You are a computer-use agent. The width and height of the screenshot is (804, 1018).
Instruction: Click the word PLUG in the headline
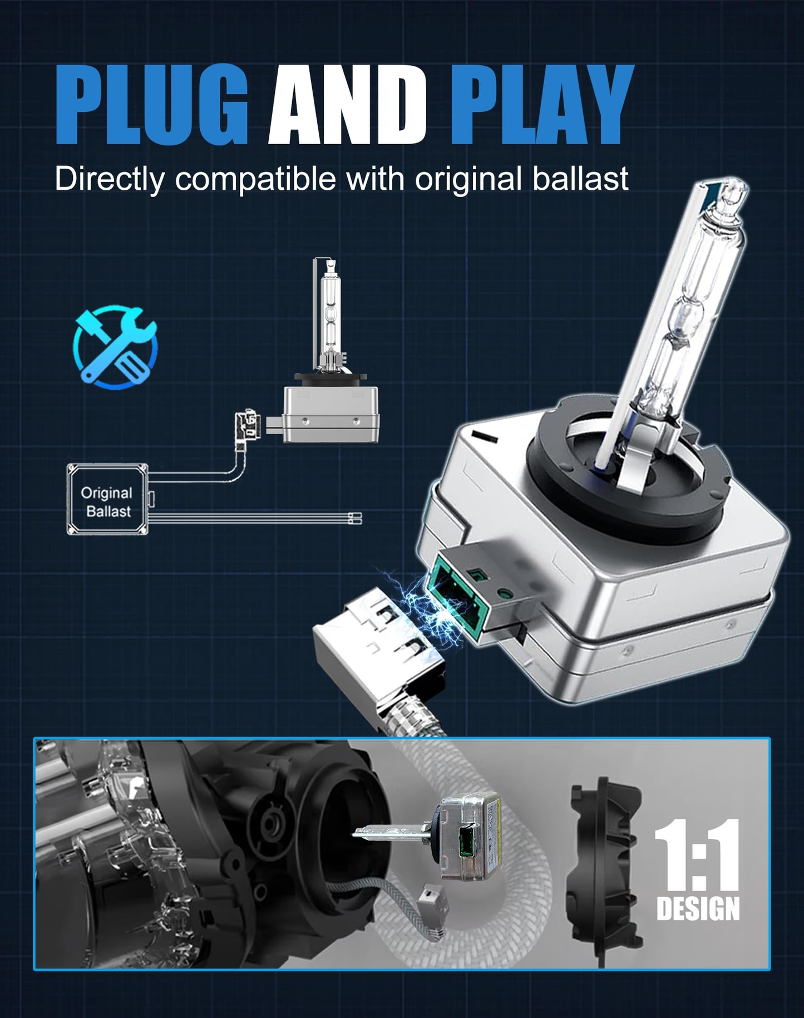pyautogui.click(x=151, y=105)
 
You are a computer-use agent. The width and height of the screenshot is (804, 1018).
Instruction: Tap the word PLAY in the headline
pyautogui.click(x=541, y=105)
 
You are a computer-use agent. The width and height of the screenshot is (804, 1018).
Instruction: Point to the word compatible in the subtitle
pyautogui.click(x=255, y=179)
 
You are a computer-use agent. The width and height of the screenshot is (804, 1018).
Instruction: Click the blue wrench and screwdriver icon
pyautogui.click(x=115, y=346)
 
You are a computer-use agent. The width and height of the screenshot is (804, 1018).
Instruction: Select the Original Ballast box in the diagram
pyautogui.click(x=107, y=500)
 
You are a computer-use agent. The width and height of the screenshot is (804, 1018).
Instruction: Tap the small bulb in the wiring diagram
pyautogui.click(x=331, y=351)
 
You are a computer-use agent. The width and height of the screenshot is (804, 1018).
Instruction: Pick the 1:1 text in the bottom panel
pyautogui.click(x=697, y=854)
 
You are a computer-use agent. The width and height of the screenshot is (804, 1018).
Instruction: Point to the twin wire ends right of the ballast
pyautogui.click(x=355, y=518)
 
